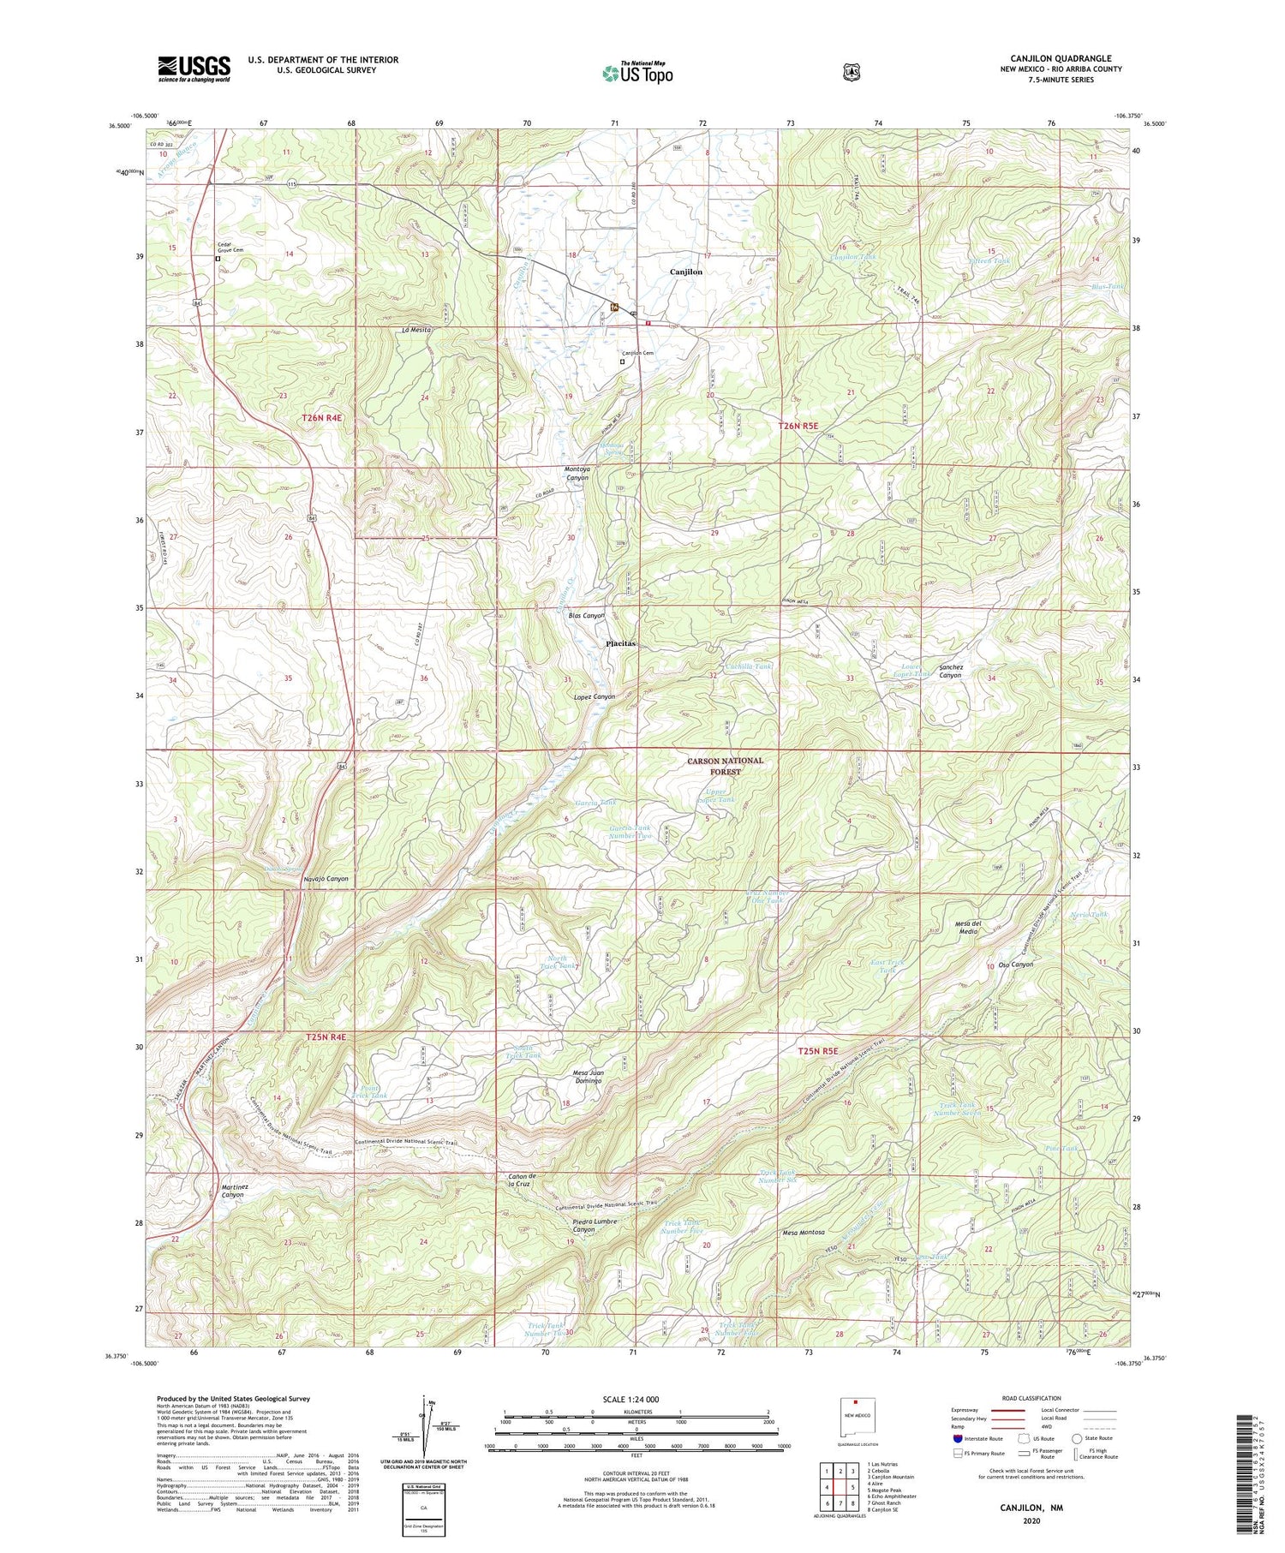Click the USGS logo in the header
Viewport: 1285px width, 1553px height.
pos(194,69)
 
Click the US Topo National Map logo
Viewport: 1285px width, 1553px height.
pos(637,72)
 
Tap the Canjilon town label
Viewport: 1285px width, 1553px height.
pos(685,272)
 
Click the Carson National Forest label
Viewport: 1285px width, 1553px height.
pos(724,766)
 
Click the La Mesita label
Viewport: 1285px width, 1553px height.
pos(415,330)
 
